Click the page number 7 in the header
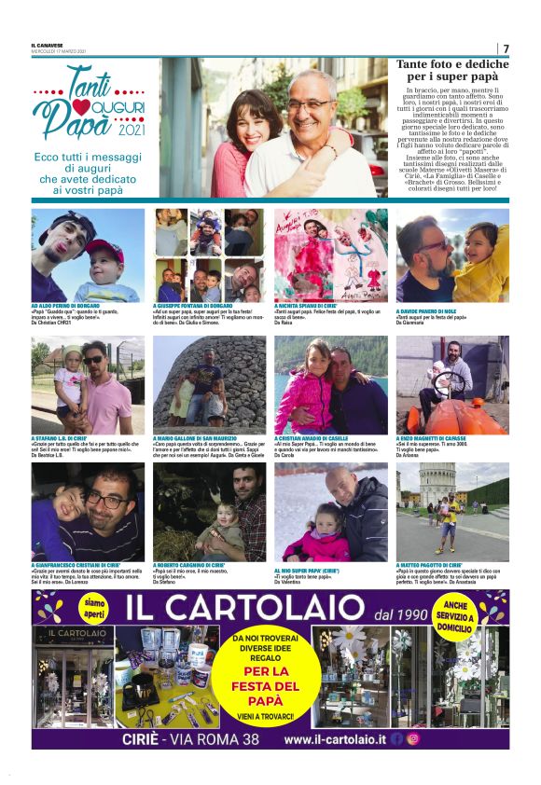506,48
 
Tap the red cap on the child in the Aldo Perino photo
104,250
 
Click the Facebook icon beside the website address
397,738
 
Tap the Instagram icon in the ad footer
413,738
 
